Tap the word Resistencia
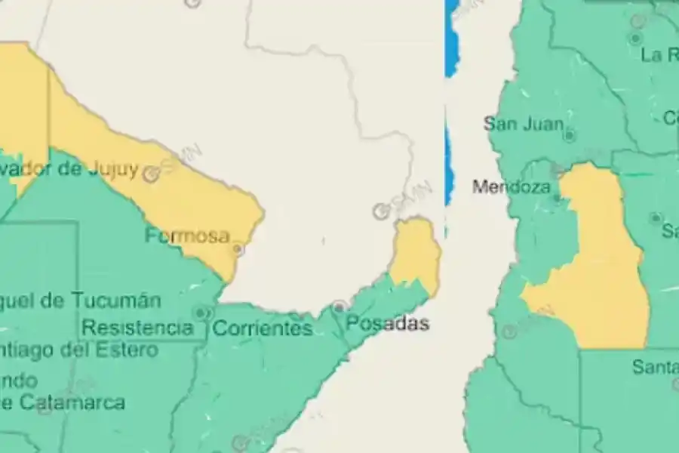[x=137, y=328]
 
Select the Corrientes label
[x=262, y=328]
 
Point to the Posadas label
[x=388, y=324]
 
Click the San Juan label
[x=523, y=123]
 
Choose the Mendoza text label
[x=511, y=186]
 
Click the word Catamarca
[x=72, y=402]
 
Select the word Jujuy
[x=112, y=169]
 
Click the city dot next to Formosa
[x=238, y=248]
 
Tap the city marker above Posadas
[x=340, y=307]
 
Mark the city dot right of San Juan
[x=570, y=135]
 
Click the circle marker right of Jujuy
[x=151, y=175]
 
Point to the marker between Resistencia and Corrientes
[x=201, y=312]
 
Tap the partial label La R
[x=659, y=54]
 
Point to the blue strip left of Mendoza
[x=450, y=162]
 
